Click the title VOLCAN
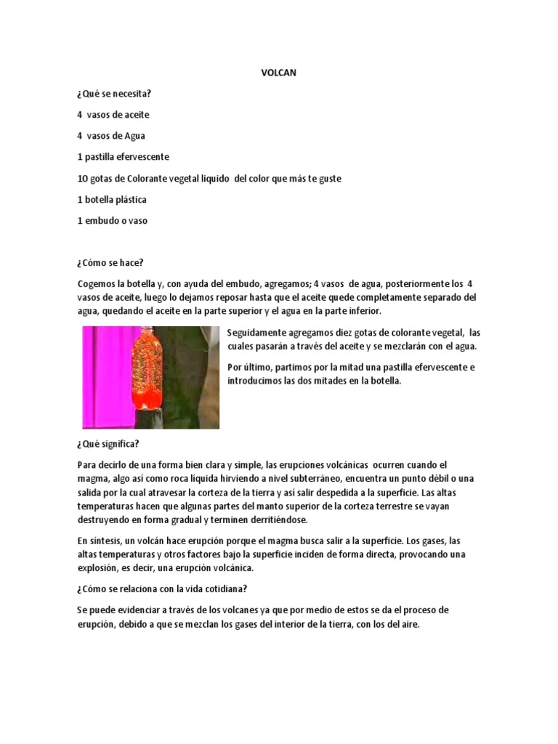click(x=278, y=74)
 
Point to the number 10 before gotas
click(x=83, y=178)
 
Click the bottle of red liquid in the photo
click(x=147, y=371)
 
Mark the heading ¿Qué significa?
click(x=110, y=443)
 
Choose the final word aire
click(x=409, y=624)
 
